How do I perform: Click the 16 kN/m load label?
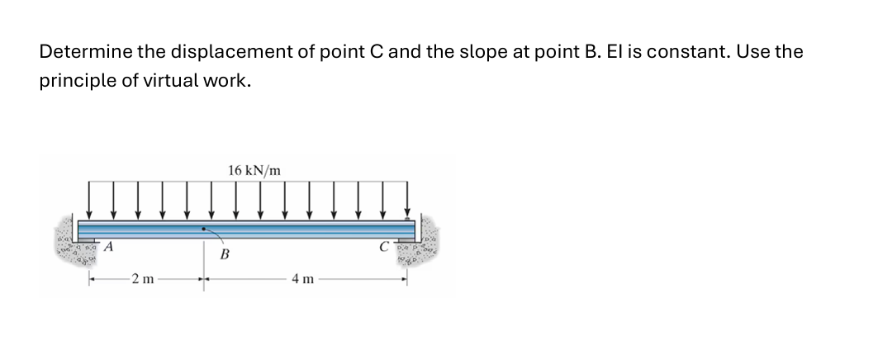[254, 171]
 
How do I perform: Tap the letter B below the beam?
[224, 255]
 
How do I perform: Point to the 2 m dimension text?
[142, 279]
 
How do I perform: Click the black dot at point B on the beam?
[203, 228]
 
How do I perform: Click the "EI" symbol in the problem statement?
[593, 52]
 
